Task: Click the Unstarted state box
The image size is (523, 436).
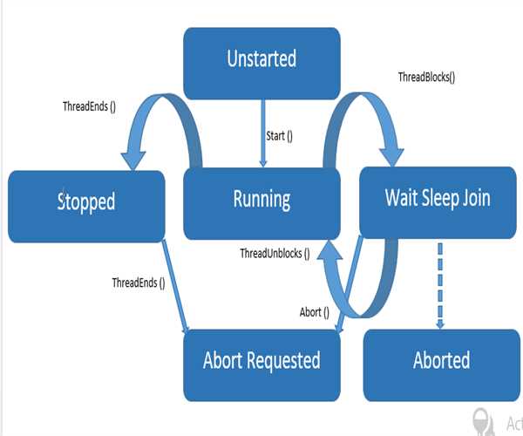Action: tap(261, 60)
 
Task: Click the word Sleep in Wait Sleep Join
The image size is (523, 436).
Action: tap(441, 198)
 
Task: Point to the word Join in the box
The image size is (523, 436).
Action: tap(475, 198)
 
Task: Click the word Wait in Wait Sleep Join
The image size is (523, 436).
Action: tap(403, 198)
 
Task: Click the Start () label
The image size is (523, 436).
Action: tap(278, 135)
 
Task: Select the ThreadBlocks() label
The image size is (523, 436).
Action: tap(426, 77)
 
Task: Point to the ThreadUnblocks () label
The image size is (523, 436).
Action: tap(275, 254)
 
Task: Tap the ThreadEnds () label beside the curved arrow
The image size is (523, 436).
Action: tap(91, 106)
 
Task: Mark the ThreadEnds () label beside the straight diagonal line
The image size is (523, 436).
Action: tap(138, 283)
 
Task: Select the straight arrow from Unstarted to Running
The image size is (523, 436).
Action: tap(262, 131)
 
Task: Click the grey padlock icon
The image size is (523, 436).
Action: tap(479, 419)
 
